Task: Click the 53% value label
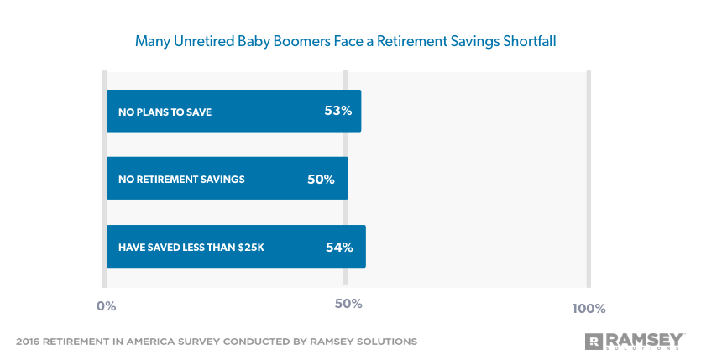point(337,111)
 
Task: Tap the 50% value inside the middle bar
point(321,179)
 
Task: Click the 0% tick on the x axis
point(106,307)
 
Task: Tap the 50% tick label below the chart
point(348,303)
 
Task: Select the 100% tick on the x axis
point(589,308)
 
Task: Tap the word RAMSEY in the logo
point(644,338)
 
